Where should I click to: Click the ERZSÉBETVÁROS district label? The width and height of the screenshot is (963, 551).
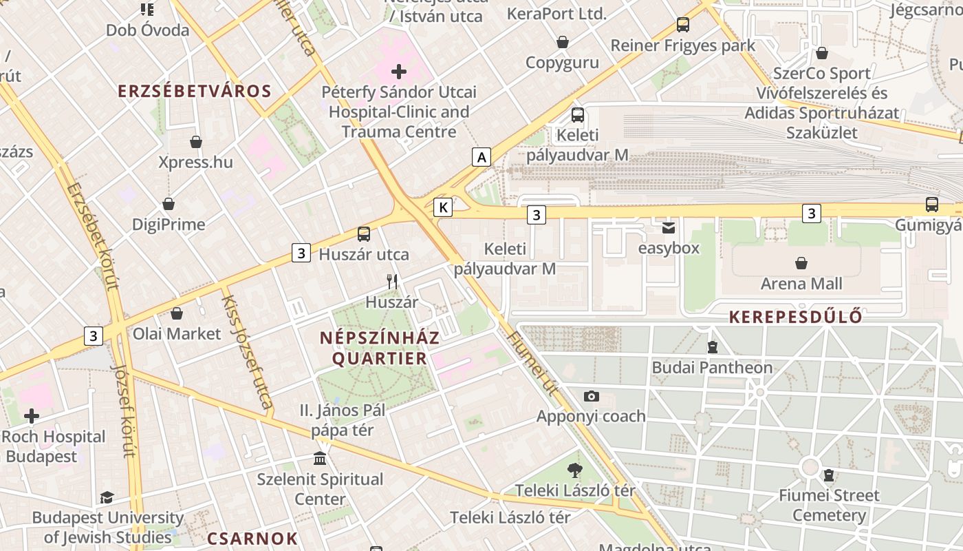click(194, 91)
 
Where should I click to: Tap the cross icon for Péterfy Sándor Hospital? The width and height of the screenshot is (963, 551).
click(399, 71)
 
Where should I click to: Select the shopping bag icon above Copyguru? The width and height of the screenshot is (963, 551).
click(563, 42)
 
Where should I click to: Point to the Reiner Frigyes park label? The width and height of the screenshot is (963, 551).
click(683, 45)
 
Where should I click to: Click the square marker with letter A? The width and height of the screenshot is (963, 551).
click(481, 157)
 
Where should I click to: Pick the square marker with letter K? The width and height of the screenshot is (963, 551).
click(443, 207)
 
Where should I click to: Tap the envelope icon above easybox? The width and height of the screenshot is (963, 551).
click(669, 228)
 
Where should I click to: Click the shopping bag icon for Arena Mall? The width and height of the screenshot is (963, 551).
click(801, 263)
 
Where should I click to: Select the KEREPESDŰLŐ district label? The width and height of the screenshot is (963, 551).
click(795, 317)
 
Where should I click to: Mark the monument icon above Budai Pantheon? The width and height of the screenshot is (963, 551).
click(713, 347)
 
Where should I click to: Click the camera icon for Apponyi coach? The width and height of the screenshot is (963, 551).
click(591, 396)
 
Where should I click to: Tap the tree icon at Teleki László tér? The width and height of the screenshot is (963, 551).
click(575, 470)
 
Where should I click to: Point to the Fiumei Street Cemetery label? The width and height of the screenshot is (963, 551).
click(829, 505)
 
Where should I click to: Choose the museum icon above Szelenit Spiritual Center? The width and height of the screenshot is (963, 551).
click(320, 459)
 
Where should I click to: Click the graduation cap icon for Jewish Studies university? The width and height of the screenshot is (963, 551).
click(107, 497)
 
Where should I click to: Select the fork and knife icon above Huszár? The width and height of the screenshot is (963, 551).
click(392, 281)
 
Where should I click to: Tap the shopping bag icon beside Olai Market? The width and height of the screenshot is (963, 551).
click(177, 313)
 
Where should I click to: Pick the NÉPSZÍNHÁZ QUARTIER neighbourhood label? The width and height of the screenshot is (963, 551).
click(380, 348)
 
